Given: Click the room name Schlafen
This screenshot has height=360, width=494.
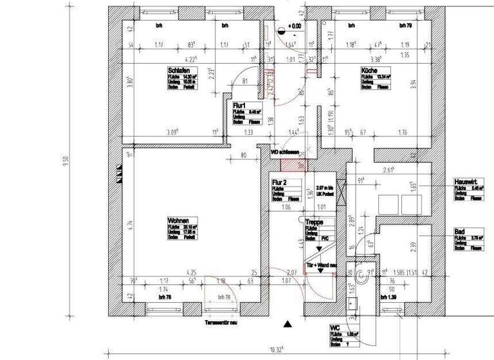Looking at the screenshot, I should pos(178,71).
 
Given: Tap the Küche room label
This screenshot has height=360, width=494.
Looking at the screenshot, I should pos(369,71).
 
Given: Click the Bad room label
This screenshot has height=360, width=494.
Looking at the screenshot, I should pos(459,231).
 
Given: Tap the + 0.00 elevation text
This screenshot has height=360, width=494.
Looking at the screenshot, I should pos(295,26).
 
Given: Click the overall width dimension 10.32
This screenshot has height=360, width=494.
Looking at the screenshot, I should pos(277,350).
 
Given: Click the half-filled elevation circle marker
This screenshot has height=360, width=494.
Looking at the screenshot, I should pos(280,28).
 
